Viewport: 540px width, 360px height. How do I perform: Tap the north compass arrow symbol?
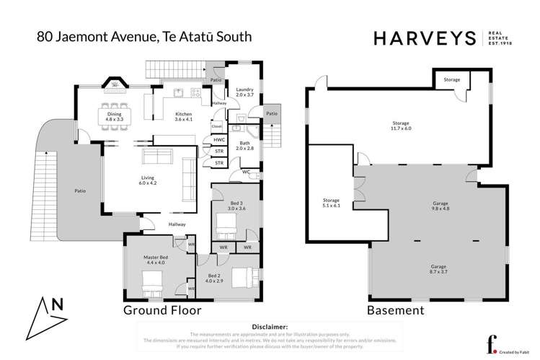pos(45,312)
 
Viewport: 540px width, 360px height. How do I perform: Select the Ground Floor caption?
pos(161,311)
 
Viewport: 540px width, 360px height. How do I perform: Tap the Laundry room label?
pos(245,92)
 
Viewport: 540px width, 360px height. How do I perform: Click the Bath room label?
pos(244,146)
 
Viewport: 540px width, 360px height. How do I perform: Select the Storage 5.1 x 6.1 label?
pos(331,202)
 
